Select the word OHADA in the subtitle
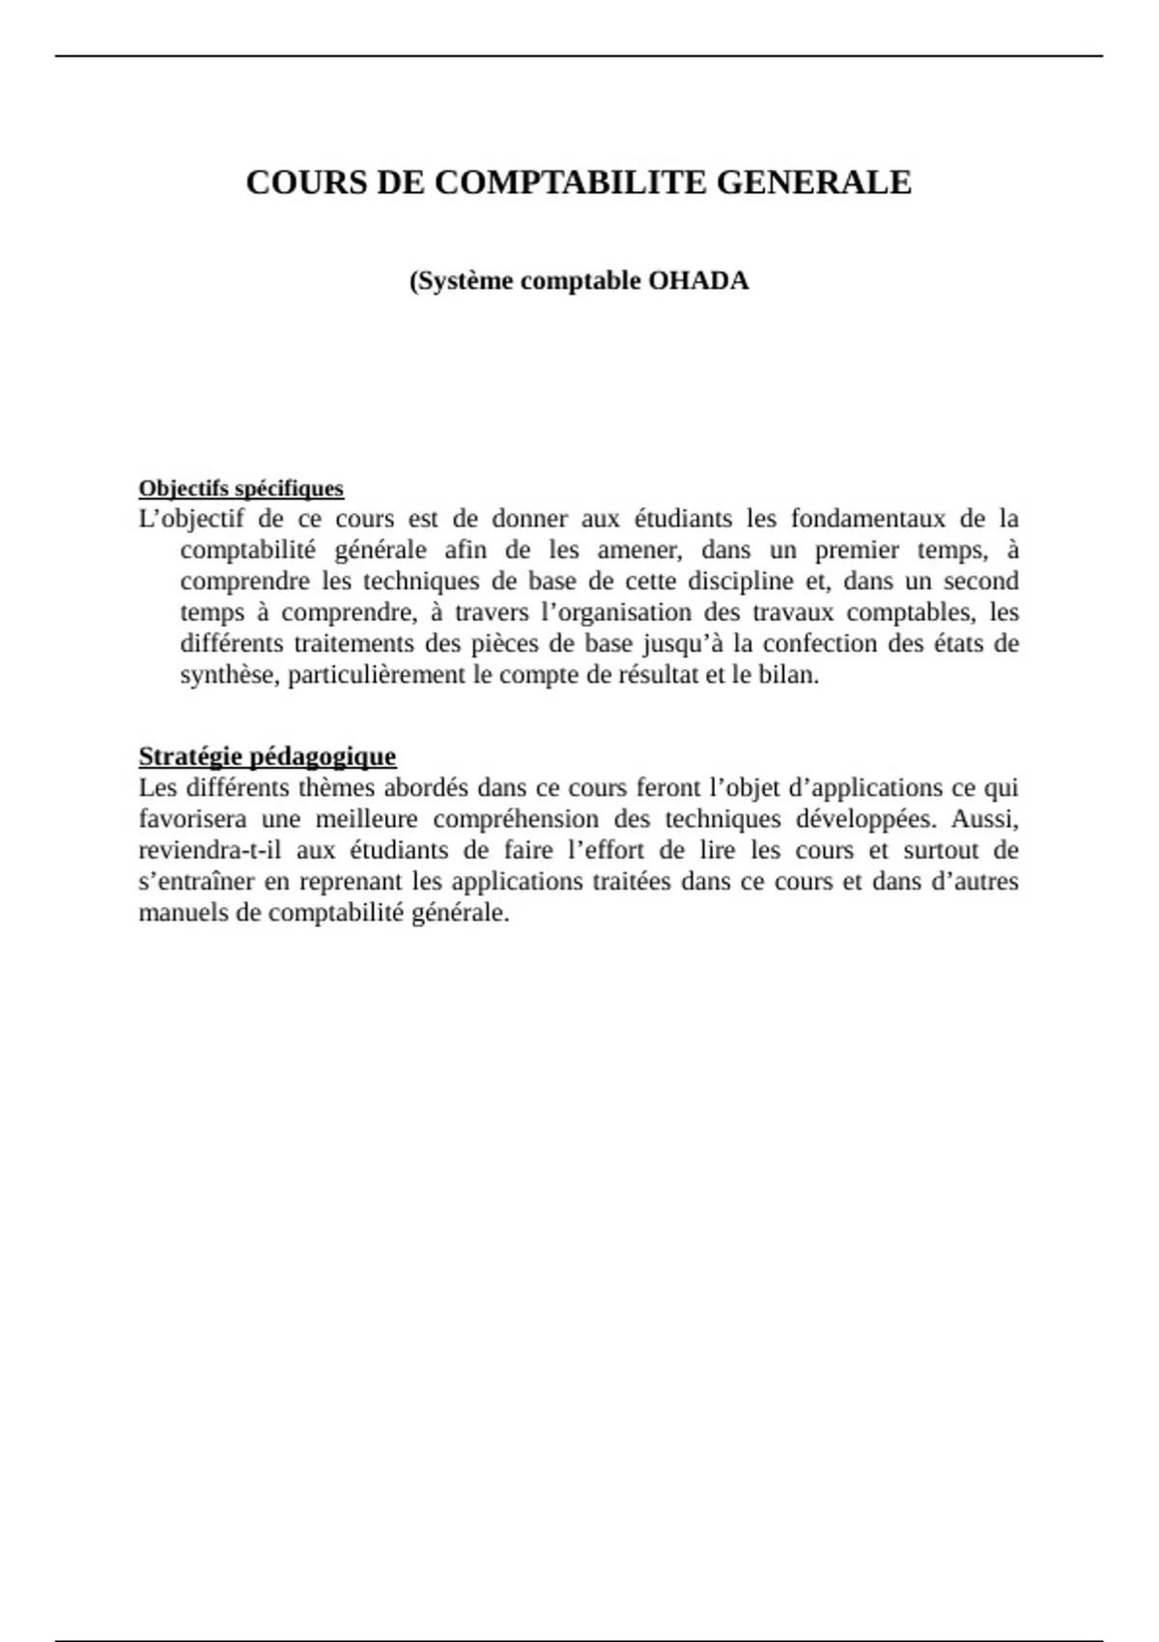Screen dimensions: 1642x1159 click(698, 281)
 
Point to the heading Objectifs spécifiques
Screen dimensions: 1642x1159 click(240, 489)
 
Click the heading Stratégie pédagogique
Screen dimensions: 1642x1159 click(267, 756)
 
